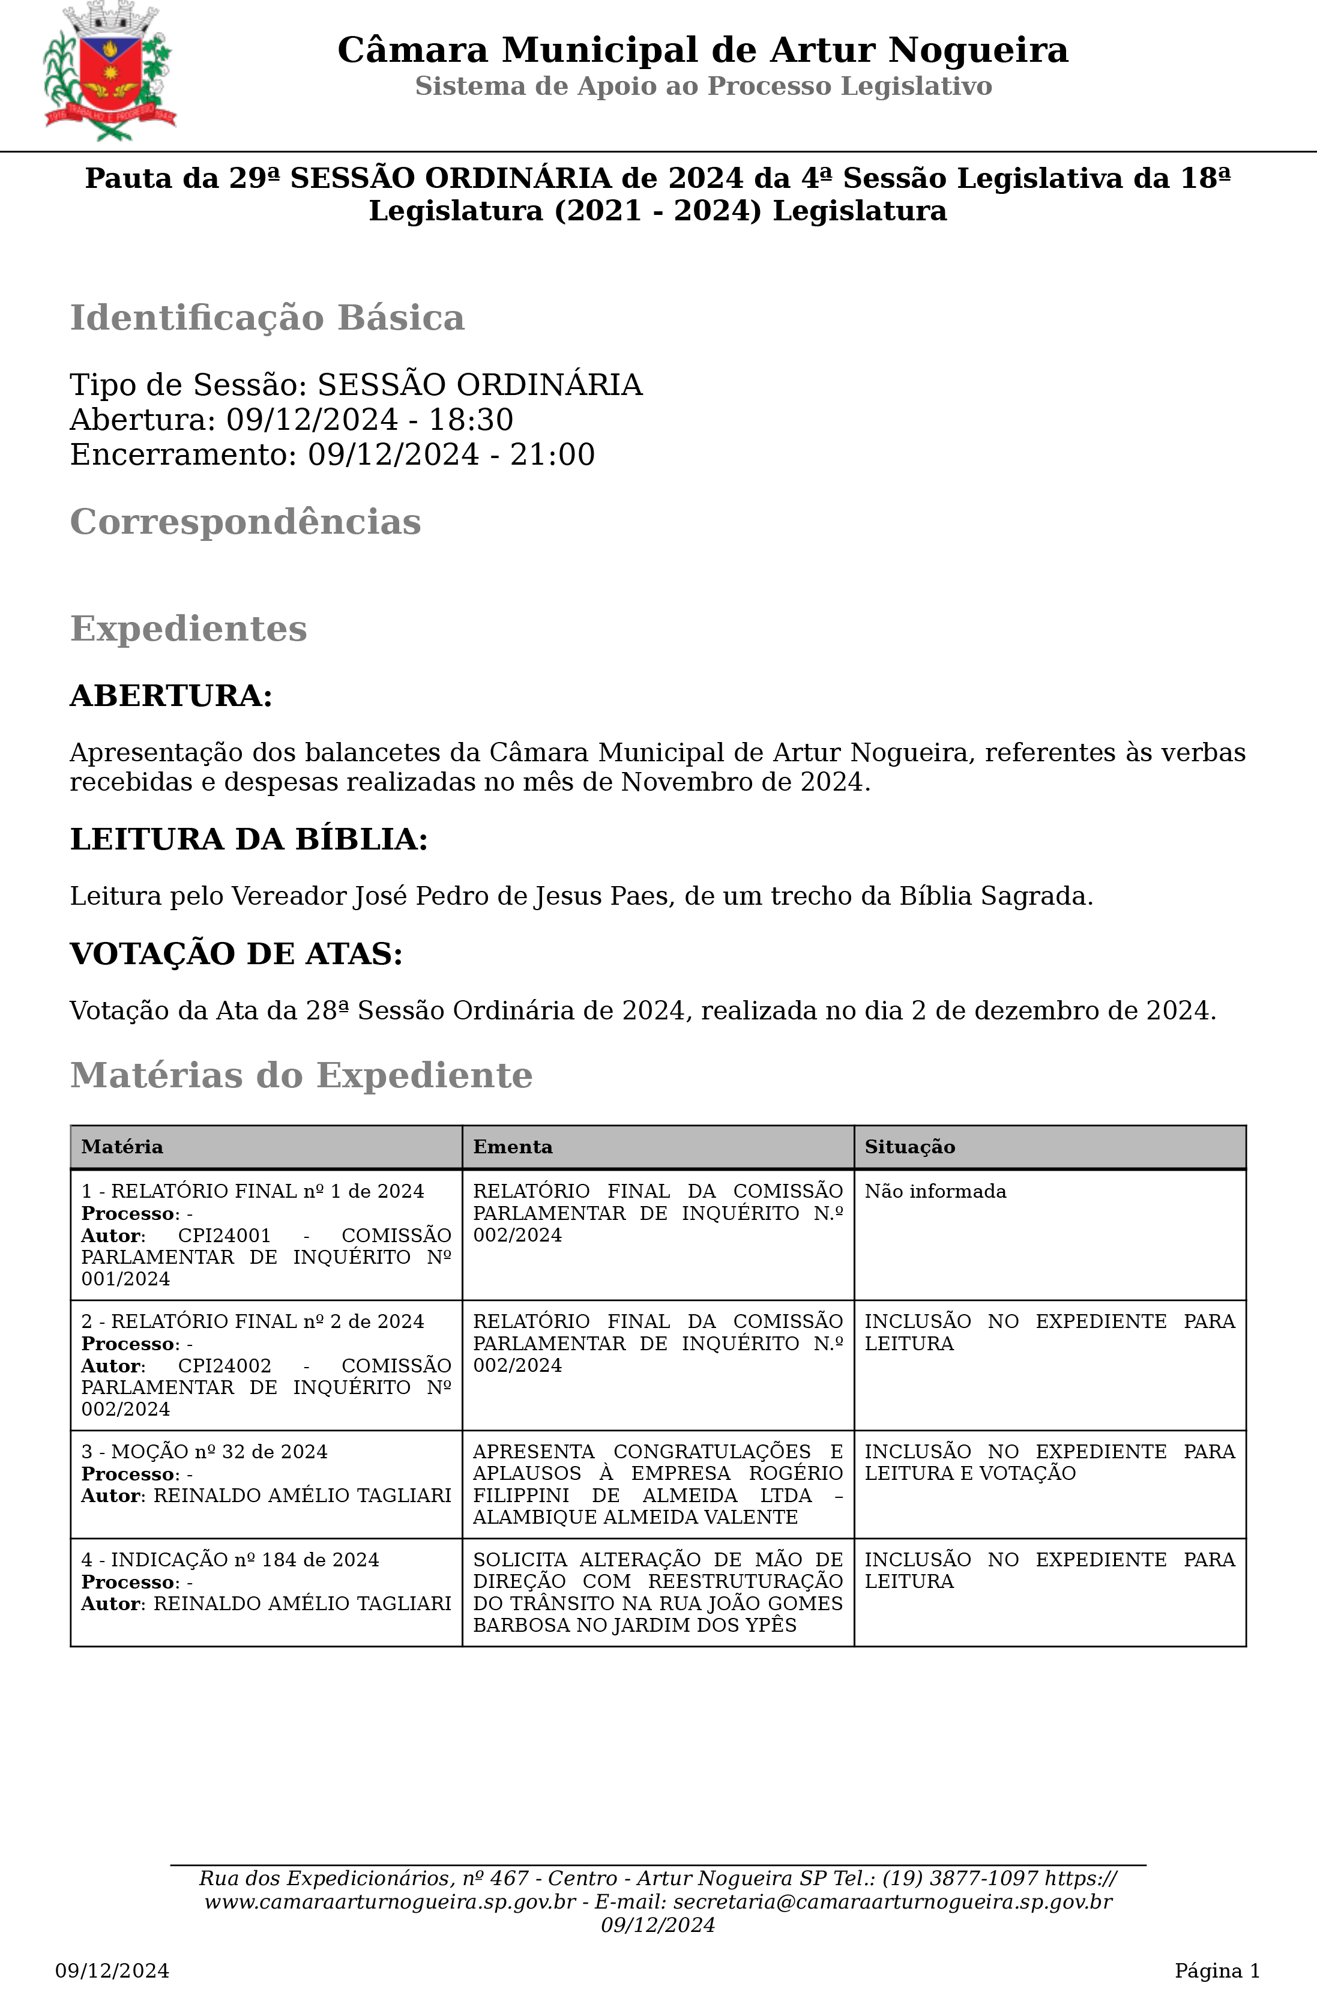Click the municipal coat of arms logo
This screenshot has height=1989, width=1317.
pos(109,72)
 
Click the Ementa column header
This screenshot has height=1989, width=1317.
pos(513,1147)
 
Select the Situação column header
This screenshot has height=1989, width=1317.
pos(909,1147)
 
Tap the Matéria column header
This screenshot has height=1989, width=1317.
pos(122,1147)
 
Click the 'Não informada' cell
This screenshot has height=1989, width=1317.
pos(935,1191)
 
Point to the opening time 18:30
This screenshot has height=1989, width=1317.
pos(471,419)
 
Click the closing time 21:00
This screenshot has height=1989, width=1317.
pos(553,454)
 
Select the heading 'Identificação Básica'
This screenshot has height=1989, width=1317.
pos(267,318)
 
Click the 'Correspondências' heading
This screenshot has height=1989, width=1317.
pos(246,522)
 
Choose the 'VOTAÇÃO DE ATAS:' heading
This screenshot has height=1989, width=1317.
pos(236,953)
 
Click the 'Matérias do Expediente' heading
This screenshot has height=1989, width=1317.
pos(301,1075)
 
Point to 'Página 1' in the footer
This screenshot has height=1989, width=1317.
pos(1217,1970)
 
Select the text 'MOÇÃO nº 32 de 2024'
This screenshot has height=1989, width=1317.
pos(219,1452)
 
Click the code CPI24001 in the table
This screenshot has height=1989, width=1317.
pos(225,1236)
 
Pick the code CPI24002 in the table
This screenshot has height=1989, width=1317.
pos(225,1366)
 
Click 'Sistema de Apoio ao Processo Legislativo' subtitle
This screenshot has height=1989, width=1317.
pos(703,86)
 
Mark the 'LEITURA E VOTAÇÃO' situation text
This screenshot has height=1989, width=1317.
pos(970,1473)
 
